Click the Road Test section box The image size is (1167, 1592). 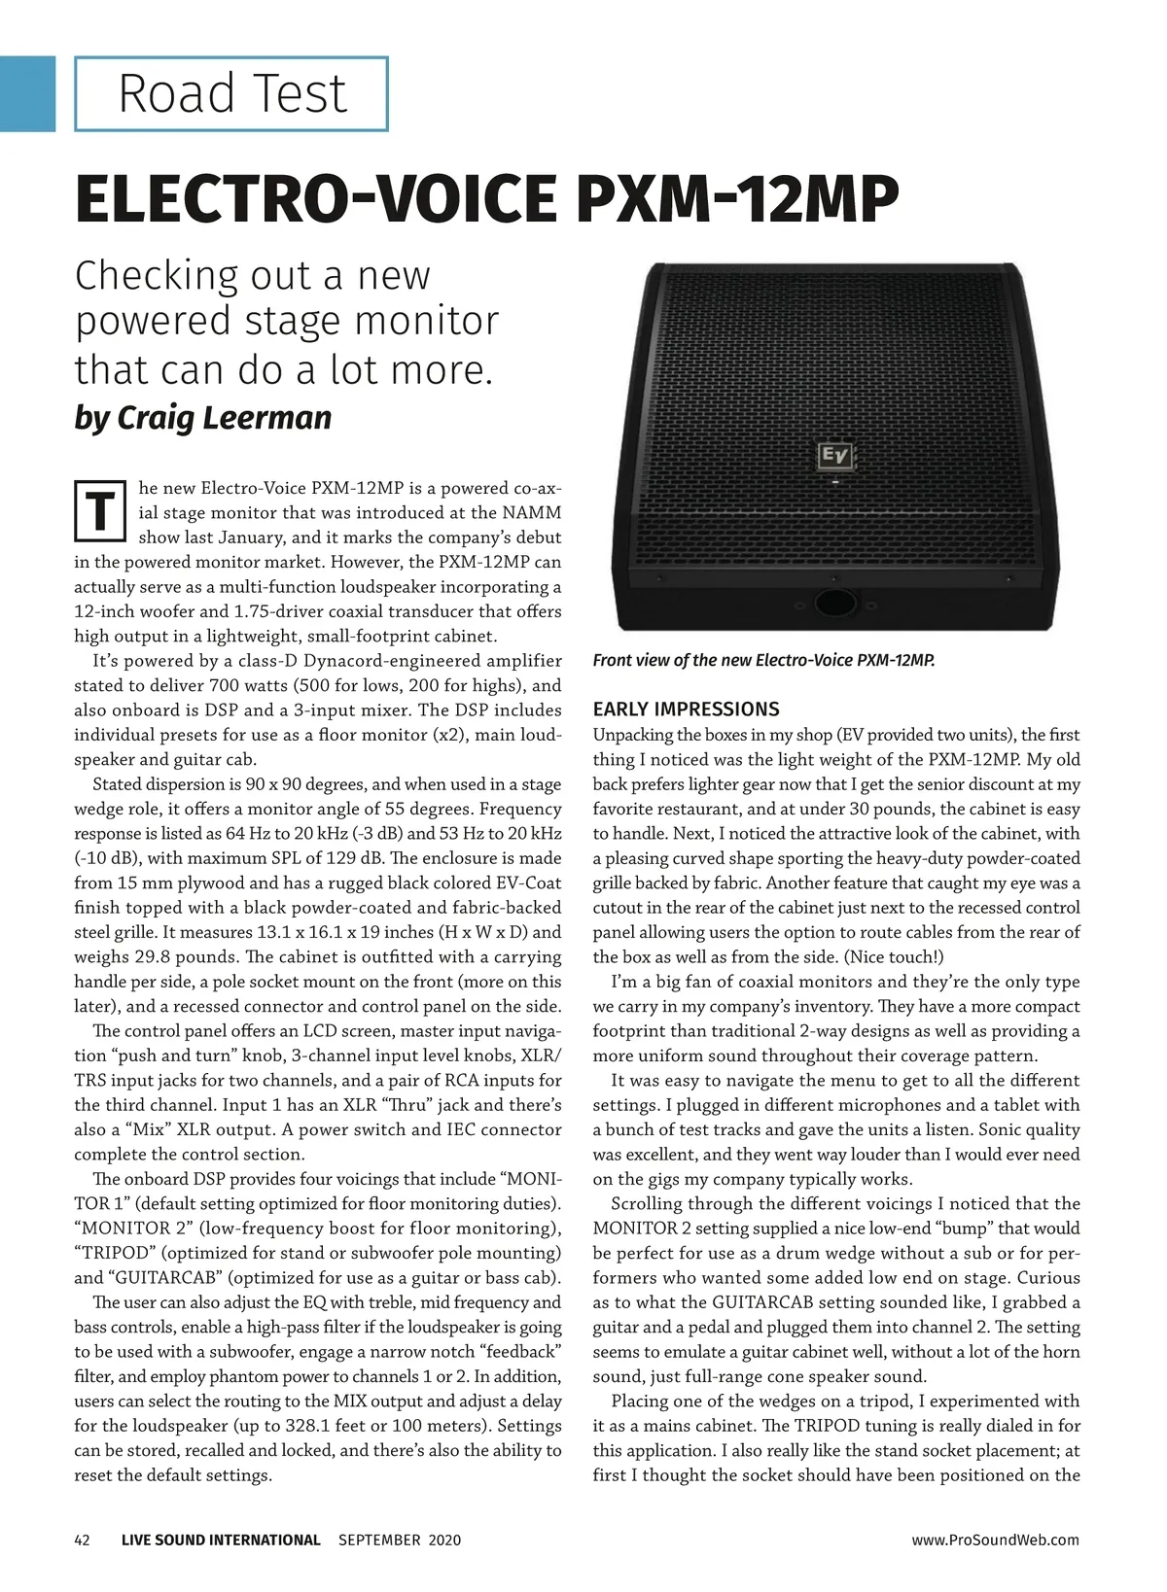[231, 94]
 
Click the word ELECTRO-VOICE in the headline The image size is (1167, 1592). [314, 200]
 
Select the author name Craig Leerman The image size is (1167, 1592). [225, 417]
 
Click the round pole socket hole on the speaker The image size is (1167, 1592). [832, 603]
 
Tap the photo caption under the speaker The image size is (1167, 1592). [763, 661]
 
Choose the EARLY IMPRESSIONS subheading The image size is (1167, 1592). [687, 709]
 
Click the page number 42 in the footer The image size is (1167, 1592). [83, 1540]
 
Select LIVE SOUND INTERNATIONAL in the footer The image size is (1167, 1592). [221, 1540]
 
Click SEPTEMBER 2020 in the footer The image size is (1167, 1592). [400, 1540]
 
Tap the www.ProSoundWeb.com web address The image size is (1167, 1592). [995, 1540]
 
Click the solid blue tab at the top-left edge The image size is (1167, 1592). [27, 93]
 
